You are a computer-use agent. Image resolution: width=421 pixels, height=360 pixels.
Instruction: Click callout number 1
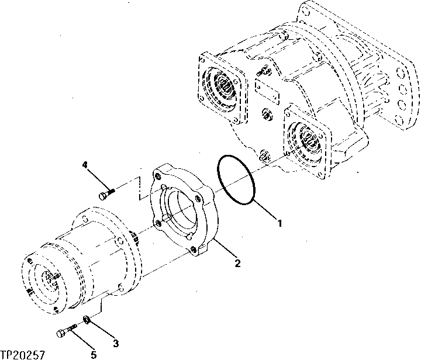pos(280,222)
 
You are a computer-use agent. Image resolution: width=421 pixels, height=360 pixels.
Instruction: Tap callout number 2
pos(238,263)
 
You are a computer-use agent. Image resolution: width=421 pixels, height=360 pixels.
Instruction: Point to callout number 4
pos(85,165)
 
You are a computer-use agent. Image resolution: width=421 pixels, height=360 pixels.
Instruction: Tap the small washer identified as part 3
pos(85,319)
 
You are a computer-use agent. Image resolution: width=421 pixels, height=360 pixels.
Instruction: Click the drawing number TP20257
pos(23,354)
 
